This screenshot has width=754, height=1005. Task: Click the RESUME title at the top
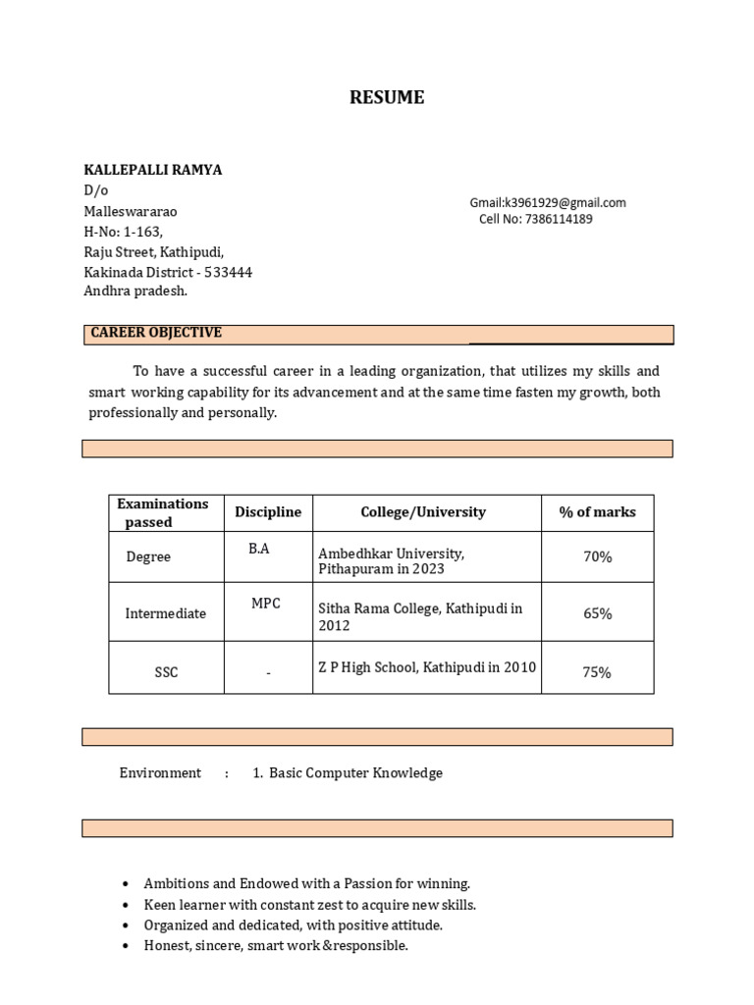387,97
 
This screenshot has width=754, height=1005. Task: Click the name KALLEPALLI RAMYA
153,170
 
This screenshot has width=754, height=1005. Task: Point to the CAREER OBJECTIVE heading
156,333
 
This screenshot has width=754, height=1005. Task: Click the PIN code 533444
228,273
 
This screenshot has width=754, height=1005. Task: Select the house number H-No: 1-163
124,232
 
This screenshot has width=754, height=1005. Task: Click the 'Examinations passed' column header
163,512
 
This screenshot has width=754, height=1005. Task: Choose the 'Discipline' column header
268,512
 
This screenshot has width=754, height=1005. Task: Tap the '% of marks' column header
597,512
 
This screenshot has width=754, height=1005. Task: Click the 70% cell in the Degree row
597,556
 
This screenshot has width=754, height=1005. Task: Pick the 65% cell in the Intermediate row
597,613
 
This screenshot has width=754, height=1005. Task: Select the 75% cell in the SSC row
597,672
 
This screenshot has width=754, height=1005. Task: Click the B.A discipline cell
259,549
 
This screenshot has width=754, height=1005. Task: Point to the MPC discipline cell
265,604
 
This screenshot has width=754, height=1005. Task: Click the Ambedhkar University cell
392,561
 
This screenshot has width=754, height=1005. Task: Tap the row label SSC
166,672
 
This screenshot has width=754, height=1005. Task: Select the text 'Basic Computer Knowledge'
355,773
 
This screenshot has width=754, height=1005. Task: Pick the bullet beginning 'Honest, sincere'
276,946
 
